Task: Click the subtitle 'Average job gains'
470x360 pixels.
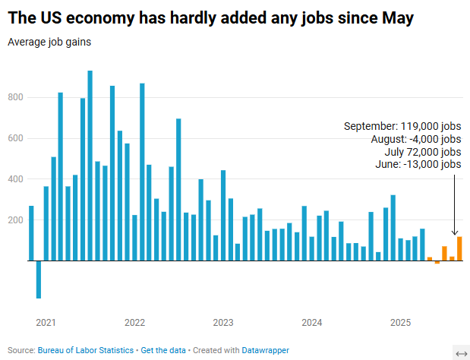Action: coord(49,42)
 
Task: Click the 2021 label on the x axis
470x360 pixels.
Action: coord(46,323)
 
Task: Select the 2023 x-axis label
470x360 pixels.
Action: coord(223,323)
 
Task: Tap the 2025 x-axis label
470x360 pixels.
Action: coord(400,323)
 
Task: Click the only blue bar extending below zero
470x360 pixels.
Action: coord(39,279)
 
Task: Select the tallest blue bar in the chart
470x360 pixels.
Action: coord(90,166)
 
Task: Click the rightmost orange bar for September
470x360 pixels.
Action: coord(459,248)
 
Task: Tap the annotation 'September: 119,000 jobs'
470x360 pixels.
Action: coord(402,126)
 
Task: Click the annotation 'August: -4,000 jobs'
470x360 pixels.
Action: coord(415,139)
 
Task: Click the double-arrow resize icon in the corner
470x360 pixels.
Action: coord(460,352)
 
